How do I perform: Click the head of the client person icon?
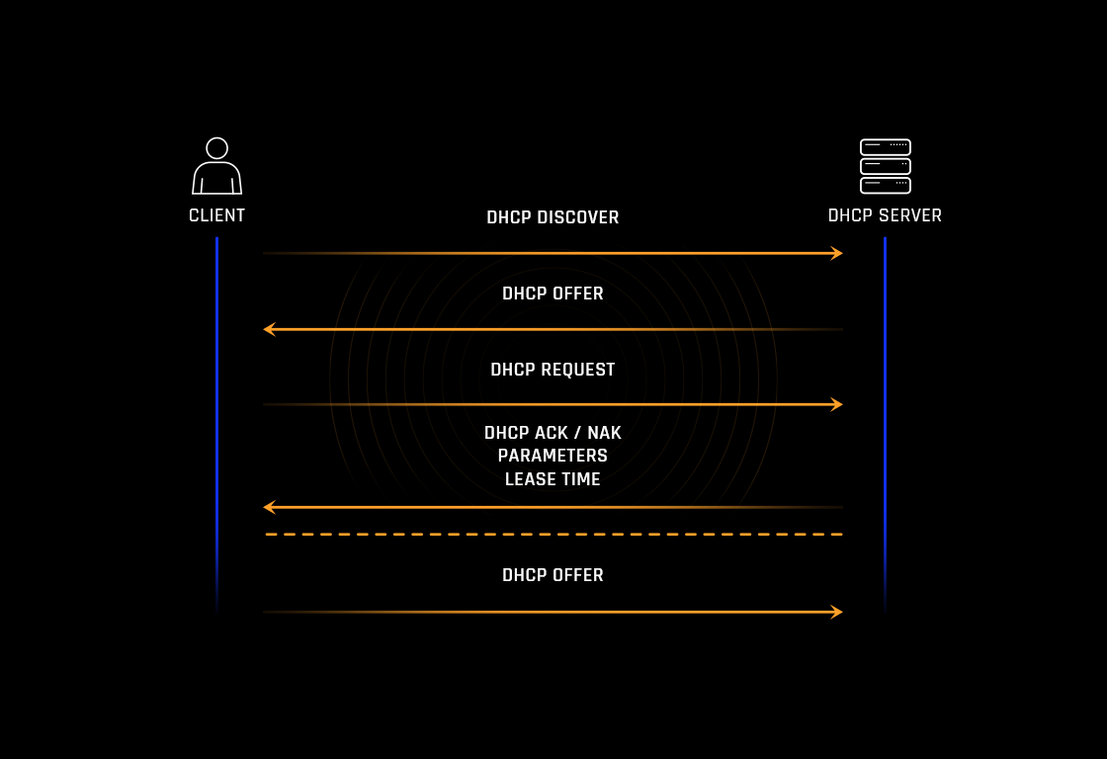pos(216,148)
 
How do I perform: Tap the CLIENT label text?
pos(216,215)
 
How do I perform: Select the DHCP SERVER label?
pos(885,215)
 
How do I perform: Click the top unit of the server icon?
pos(885,147)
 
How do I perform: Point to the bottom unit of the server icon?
pos(885,185)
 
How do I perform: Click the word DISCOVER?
pos(578,217)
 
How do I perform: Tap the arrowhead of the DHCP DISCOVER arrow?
pos(838,253)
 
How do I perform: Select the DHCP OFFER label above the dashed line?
pos(553,294)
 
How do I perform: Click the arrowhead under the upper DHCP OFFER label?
pos(269,329)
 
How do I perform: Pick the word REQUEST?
pos(577,370)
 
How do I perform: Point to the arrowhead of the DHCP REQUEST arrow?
pos(838,404)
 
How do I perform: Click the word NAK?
pos(604,433)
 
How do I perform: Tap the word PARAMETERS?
pos(553,456)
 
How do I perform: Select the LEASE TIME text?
pos(553,479)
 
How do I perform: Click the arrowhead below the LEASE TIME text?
pos(269,507)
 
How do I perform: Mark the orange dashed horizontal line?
pos(553,535)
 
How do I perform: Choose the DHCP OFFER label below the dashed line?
pos(553,575)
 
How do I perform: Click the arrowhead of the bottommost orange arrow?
pos(838,612)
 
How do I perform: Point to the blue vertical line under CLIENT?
pos(216,415)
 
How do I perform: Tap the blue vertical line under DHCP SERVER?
pos(885,415)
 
